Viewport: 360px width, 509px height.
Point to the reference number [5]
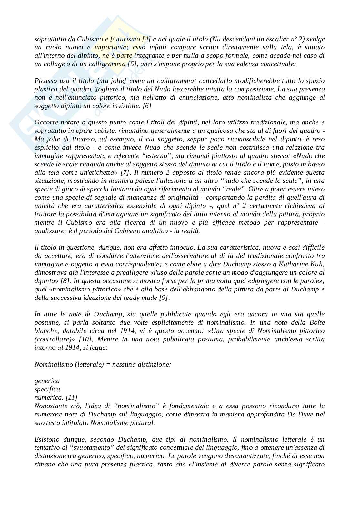point(132,64)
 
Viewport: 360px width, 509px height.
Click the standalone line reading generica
point(47,381)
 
